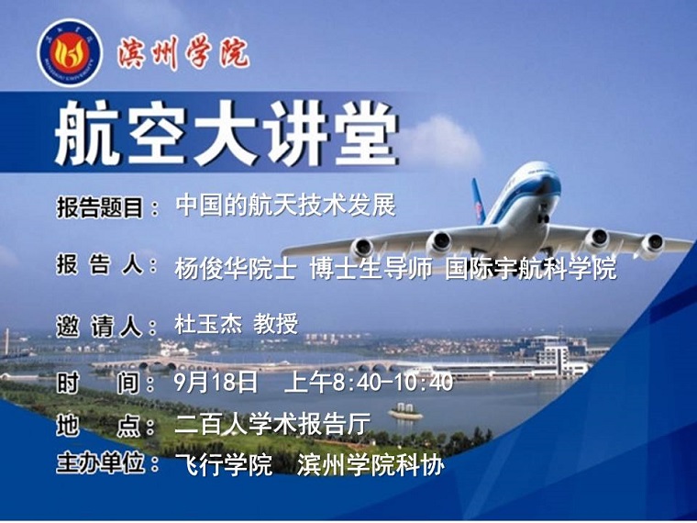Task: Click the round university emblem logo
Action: pos(71,53)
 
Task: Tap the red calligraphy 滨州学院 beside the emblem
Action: pos(183,53)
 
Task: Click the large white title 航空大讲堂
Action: pos(227,132)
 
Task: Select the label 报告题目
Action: pos(100,207)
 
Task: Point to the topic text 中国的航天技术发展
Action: pos(286,206)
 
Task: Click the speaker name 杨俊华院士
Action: pos(235,269)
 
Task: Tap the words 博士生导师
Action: pos(371,269)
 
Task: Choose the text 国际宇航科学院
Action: pos(531,268)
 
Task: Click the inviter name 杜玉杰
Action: pos(208,324)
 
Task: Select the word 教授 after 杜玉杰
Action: pos(276,324)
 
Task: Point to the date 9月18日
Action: pos(216,382)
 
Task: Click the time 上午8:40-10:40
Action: pos(369,382)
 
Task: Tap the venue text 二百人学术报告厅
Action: pos(272,424)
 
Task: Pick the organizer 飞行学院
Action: pos(223,465)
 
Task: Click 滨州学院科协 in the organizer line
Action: pos(371,465)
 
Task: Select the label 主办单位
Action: pos(101,464)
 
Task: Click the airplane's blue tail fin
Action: pos(479,201)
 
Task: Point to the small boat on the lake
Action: pos(405,412)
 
